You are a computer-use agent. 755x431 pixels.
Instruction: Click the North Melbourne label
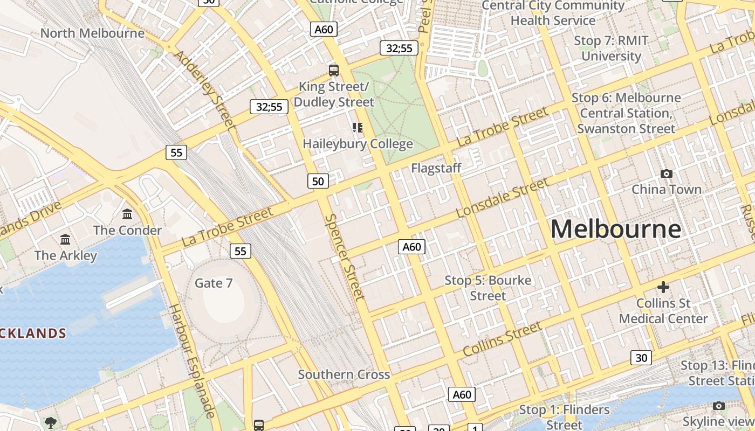click(x=92, y=33)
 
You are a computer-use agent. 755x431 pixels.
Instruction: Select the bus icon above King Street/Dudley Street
click(x=334, y=70)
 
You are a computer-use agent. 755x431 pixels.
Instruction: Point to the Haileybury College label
click(x=358, y=144)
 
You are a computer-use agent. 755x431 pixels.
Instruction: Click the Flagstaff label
click(x=436, y=168)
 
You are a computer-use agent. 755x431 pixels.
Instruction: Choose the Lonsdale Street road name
click(x=502, y=198)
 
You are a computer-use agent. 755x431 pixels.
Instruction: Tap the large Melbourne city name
click(x=615, y=228)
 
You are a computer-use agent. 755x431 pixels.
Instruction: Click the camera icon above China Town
click(x=667, y=173)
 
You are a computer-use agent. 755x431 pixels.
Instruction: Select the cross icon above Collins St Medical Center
click(x=663, y=287)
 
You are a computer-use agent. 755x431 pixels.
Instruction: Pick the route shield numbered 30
click(x=641, y=358)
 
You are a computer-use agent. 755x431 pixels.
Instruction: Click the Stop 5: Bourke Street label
click(x=488, y=288)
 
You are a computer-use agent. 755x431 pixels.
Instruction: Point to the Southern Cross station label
click(x=344, y=374)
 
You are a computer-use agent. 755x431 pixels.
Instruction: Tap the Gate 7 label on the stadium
click(x=214, y=283)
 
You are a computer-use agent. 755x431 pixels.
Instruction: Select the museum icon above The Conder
click(x=127, y=214)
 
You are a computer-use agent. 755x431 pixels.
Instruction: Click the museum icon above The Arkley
click(x=65, y=239)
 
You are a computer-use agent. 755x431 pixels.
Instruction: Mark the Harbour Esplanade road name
click(x=192, y=360)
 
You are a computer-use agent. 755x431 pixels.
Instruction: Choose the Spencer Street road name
click(x=345, y=256)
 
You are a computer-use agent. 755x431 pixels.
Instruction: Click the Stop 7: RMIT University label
click(x=610, y=48)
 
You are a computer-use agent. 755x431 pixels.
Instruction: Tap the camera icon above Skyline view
click(x=718, y=406)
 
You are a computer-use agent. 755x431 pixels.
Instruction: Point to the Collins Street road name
click(x=502, y=339)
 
